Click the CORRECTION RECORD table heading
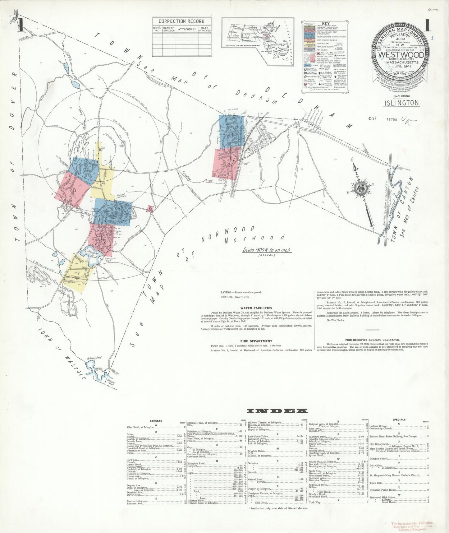point(181,21)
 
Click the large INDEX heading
point(277,411)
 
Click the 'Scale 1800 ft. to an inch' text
point(267,250)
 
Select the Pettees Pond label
point(94,358)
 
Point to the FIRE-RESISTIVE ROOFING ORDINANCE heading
point(372,340)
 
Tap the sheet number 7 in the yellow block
point(78,274)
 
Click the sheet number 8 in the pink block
point(74,190)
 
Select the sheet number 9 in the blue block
point(85,170)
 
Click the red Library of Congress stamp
point(412,526)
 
